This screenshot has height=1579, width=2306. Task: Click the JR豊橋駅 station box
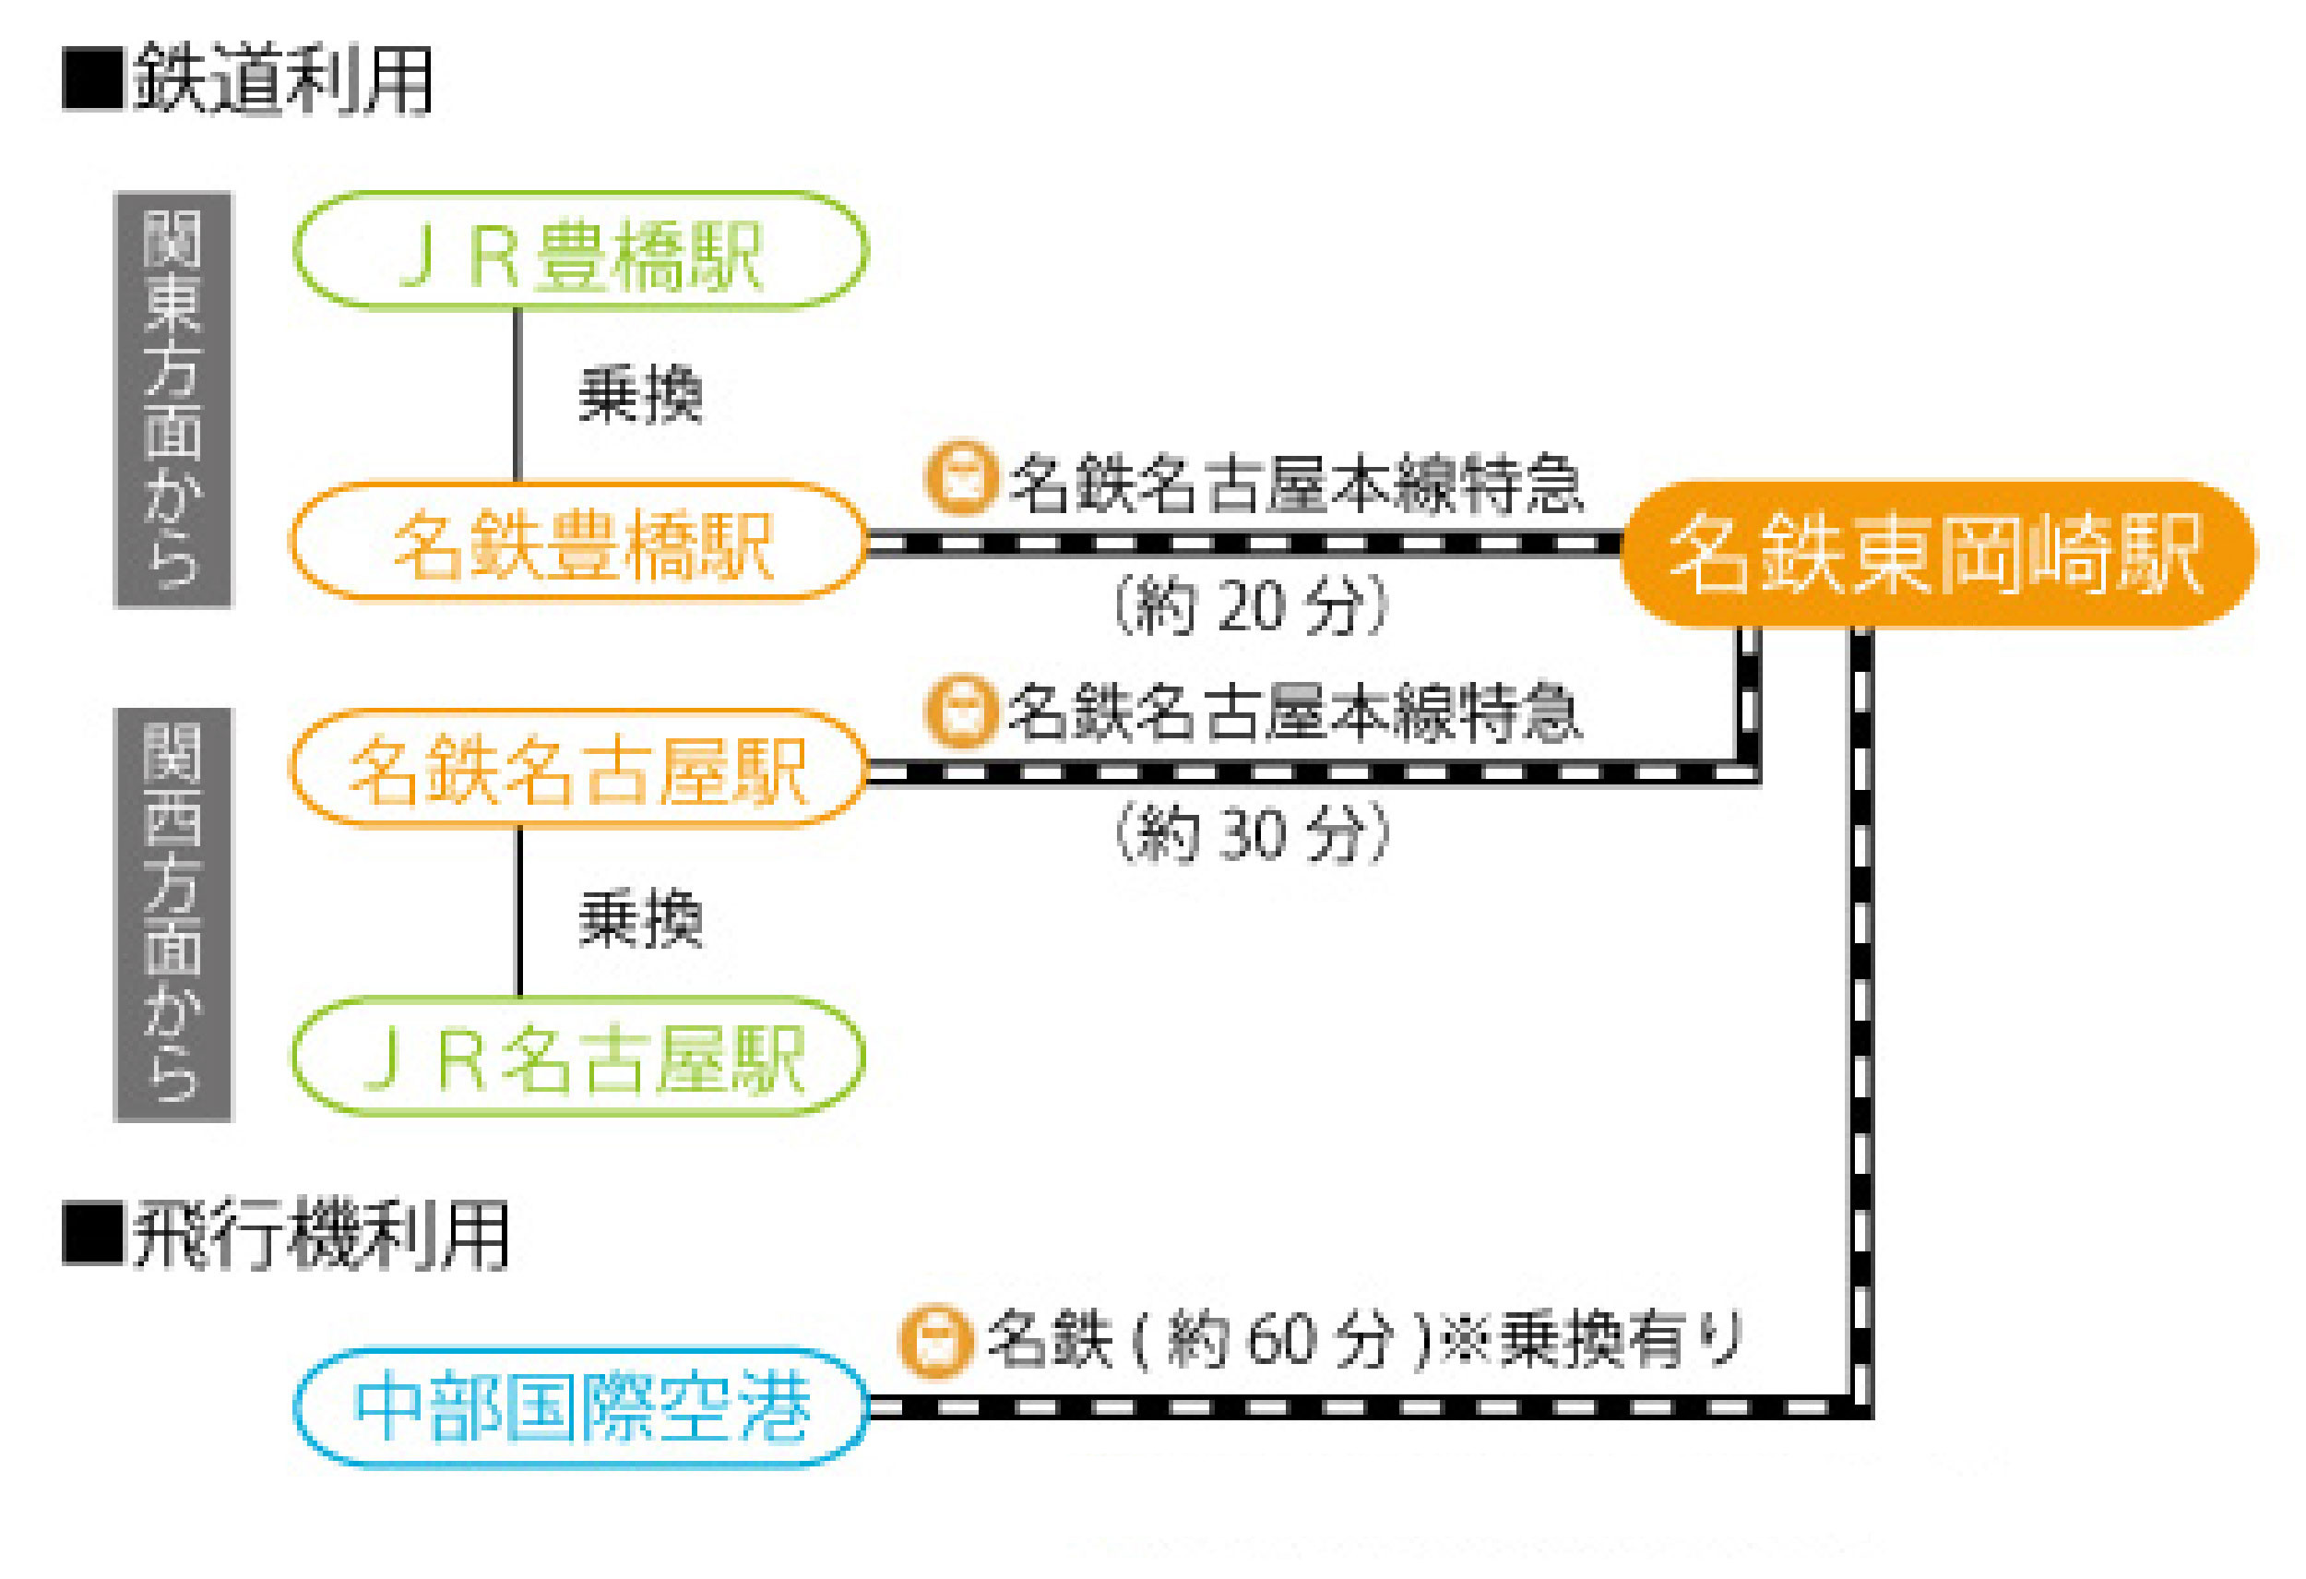coord(580,250)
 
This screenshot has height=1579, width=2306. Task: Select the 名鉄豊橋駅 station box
coord(578,542)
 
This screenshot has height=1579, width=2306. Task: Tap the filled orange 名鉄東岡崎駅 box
coord(1937,554)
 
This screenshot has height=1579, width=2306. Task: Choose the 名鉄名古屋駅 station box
coord(578,768)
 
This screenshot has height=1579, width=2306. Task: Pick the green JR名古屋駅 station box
coord(578,1056)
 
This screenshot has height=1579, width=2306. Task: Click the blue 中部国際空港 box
coord(581,1407)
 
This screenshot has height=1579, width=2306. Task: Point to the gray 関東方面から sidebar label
coord(172,399)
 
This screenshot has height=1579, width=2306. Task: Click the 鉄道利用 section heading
coord(283,79)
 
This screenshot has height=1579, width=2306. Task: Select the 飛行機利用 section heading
coord(319,1236)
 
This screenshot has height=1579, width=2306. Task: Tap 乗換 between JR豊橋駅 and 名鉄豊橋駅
coord(640,395)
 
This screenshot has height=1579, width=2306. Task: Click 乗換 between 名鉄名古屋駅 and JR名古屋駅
coord(640,919)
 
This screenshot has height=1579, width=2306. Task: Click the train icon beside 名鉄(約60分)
coord(933,1340)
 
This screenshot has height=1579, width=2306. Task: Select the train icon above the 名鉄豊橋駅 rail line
coord(959,477)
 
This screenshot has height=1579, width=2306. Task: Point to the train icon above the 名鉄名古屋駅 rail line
coord(959,711)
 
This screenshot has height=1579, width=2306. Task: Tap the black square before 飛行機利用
coord(92,1235)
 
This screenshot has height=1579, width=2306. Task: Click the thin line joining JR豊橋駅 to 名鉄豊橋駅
coord(517,395)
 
